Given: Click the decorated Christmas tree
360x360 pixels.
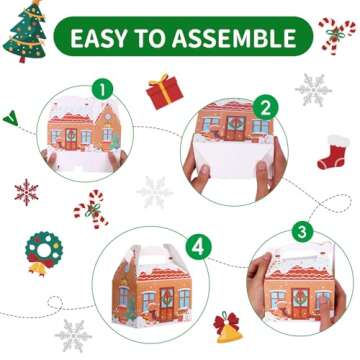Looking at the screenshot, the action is click(x=24, y=31).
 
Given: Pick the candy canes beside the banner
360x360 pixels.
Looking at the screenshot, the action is click(x=336, y=35).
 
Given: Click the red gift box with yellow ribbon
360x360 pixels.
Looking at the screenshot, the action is click(x=165, y=91).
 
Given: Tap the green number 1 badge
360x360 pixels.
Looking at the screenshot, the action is click(x=102, y=89).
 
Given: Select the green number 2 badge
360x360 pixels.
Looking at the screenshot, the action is click(x=265, y=107).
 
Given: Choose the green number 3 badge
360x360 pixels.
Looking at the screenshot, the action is click(x=302, y=232).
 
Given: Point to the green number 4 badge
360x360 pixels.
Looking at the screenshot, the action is click(x=199, y=247).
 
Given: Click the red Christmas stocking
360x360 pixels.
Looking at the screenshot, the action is click(x=333, y=152).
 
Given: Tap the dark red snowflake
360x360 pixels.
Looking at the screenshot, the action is click(x=26, y=192).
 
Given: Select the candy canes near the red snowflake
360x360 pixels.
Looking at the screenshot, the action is click(x=91, y=209).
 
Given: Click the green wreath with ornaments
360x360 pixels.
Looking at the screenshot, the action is click(x=44, y=249).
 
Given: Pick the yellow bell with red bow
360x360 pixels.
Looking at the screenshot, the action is click(x=228, y=328).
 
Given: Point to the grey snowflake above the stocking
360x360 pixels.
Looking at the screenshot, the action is click(x=313, y=90).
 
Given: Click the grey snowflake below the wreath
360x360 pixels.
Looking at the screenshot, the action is click(x=73, y=335).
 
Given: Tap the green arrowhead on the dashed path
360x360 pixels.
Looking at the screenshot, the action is click(x=11, y=118).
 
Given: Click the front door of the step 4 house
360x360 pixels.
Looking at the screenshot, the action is click(x=167, y=304).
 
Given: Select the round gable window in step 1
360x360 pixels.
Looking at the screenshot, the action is click(x=108, y=116).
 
